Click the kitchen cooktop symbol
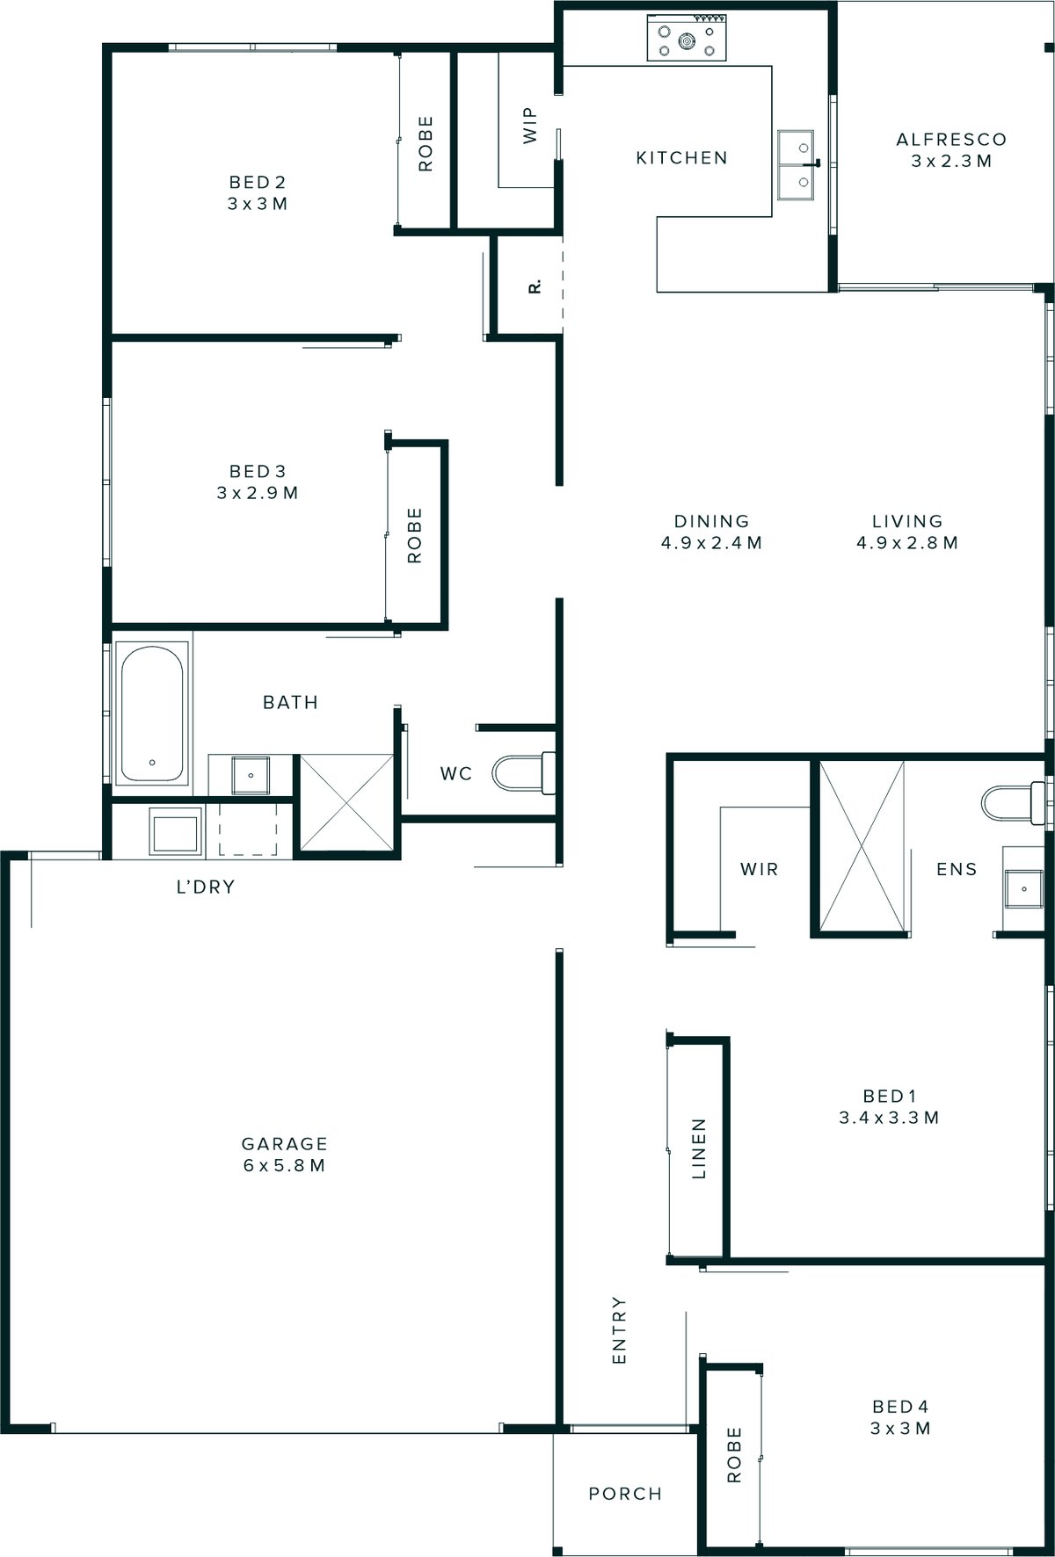pos(687,39)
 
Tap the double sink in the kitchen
pos(796,163)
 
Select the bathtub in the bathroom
pos(152,713)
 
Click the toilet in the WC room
pos(523,773)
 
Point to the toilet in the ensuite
pos(1011,802)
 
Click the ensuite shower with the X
pos(862,845)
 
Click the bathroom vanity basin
pos(251,774)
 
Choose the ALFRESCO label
pos(951,140)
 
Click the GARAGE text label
pos(284,1144)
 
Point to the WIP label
pos(529,126)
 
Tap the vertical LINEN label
pos(699,1148)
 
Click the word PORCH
pos(625,1494)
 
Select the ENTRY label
pos(619,1330)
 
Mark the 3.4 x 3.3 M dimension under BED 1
pos(890,1118)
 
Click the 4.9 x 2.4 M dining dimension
pos(711,543)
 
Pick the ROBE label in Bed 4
pos(734,1455)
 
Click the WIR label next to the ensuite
pos(759,869)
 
